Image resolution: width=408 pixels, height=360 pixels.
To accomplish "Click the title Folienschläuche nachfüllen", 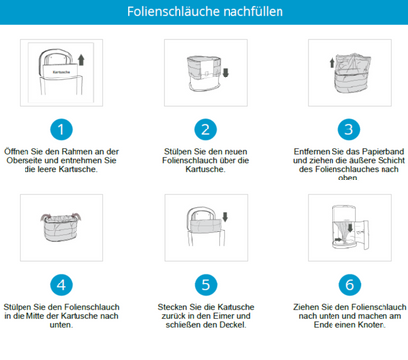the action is (x=205, y=12).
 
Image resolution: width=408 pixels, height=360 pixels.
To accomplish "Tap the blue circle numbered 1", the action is (x=61, y=129).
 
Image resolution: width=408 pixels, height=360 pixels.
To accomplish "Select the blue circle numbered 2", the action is (x=205, y=129).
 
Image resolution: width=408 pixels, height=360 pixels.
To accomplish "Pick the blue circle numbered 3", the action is (x=349, y=129).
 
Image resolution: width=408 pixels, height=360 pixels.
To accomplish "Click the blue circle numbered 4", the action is (x=61, y=284).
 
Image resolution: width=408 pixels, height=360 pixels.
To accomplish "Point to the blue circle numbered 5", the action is (x=206, y=284).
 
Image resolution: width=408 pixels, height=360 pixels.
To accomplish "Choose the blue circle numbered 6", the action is (x=349, y=284).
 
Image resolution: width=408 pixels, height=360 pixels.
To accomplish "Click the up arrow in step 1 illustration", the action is (x=81, y=60).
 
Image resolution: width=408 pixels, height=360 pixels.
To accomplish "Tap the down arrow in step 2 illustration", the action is (x=225, y=73).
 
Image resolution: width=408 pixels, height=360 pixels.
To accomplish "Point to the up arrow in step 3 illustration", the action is (x=331, y=62).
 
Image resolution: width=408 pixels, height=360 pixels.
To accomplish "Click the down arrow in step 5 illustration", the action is (x=225, y=216).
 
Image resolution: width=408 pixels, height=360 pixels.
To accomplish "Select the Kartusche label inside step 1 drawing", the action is (x=61, y=72).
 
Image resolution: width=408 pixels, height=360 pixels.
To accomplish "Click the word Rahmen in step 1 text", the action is (x=75, y=152).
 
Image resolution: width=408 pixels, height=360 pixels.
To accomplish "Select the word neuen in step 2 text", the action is (x=236, y=152).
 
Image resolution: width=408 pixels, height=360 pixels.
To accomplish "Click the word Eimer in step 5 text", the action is (x=222, y=316).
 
